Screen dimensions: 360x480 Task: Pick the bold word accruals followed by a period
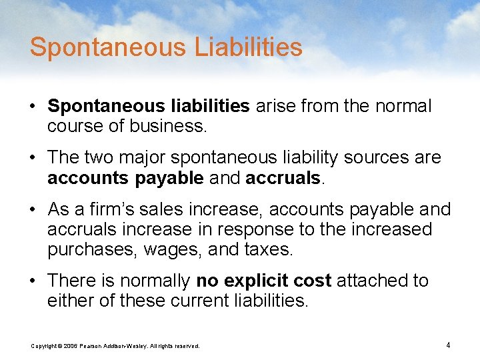pyautogui.click(x=283, y=178)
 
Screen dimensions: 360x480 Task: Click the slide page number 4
pyautogui.click(x=448, y=345)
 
